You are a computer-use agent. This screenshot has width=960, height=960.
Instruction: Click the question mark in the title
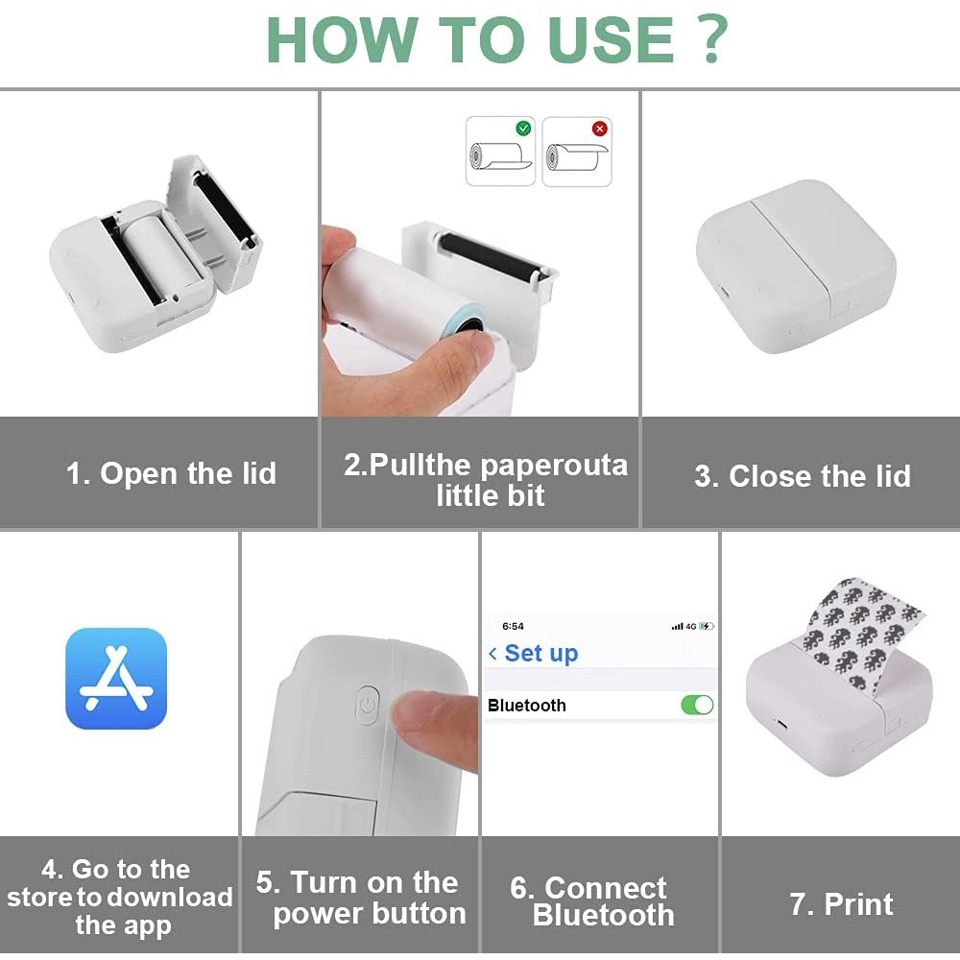(x=712, y=38)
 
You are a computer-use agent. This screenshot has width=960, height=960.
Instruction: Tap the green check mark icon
(x=523, y=128)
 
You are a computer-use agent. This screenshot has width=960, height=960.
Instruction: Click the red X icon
(x=600, y=129)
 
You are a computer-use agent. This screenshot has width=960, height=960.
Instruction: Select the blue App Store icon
(x=116, y=679)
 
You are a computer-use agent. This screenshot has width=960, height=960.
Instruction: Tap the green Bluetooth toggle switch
(x=697, y=705)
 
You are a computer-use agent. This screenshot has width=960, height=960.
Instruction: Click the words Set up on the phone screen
(x=541, y=654)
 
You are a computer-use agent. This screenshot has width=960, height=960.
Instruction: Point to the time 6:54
(x=513, y=626)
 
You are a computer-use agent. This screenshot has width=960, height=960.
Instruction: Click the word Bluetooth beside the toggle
(x=526, y=706)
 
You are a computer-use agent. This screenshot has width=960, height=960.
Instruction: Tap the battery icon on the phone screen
(x=706, y=626)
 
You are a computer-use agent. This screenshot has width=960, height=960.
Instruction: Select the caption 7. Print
(x=841, y=903)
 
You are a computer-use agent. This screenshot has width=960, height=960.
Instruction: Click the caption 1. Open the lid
(x=171, y=473)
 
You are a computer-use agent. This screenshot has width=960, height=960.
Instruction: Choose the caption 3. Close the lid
(x=802, y=476)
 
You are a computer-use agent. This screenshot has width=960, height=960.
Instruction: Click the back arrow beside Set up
(x=492, y=654)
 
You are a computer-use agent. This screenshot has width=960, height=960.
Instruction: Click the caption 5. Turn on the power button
(x=361, y=898)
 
